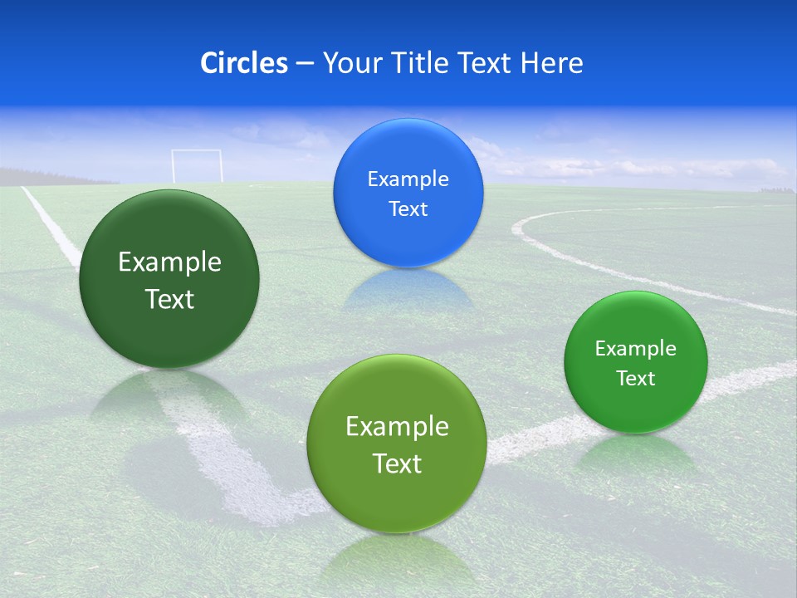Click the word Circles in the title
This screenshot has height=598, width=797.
(243, 63)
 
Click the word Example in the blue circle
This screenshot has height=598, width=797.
(408, 179)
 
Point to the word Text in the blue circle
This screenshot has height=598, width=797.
(408, 209)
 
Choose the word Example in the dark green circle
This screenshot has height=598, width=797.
(169, 262)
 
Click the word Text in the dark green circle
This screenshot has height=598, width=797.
(169, 300)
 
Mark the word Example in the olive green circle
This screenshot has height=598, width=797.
(397, 427)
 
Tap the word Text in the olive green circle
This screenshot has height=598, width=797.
(397, 463)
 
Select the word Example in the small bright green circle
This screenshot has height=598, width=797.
(636, 349)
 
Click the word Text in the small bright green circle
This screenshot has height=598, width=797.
(636, 379)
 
